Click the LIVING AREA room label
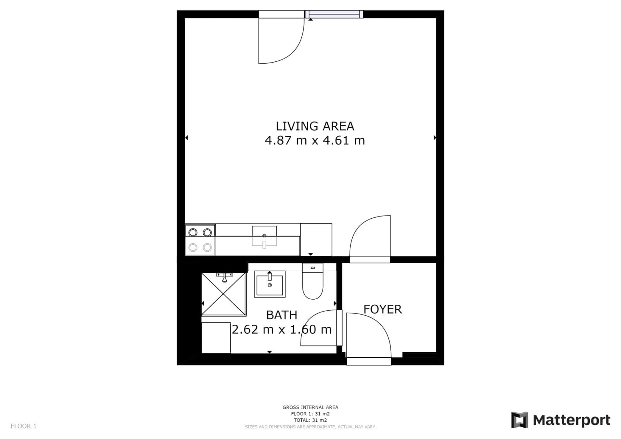[315, 126]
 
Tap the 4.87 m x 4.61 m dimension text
[315, 140]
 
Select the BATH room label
[282, 315]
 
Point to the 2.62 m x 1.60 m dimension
[282, 330]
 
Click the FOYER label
[383, 309]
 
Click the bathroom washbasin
[270, 284]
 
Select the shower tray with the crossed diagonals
[224, 294]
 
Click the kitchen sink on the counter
[264, 236]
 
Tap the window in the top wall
[334, 14]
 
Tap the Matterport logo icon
[519, 420]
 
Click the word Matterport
[571, 420]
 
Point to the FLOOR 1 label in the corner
[24, 426]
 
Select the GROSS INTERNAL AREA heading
[310, 407]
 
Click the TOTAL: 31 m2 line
[310, 420]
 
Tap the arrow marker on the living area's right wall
[434, 138]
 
